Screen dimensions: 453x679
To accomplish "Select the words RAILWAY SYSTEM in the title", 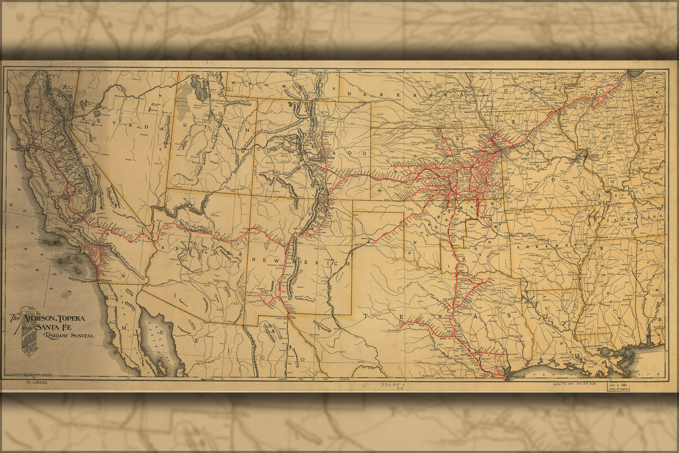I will click(x=69, y=336).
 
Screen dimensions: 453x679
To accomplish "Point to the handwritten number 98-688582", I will click(x=36, y=383).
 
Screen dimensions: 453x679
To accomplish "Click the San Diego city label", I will click(x=106, y=280).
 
